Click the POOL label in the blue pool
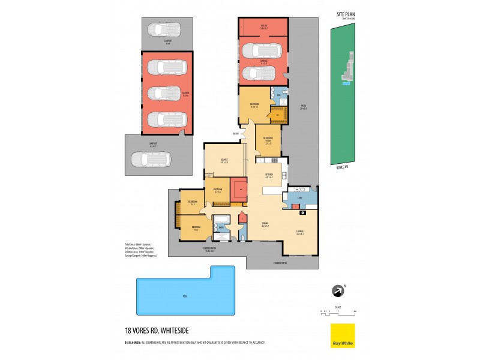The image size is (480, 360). coord(185,297)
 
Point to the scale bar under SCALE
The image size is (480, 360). coord(338,311)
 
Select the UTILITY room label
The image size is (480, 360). coord(263,26)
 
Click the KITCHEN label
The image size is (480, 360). coord(269,175)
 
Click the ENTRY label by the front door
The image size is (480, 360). coord(236,134)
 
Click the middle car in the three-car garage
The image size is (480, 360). coord(163,94)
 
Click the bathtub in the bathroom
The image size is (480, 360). coord(221,218)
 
